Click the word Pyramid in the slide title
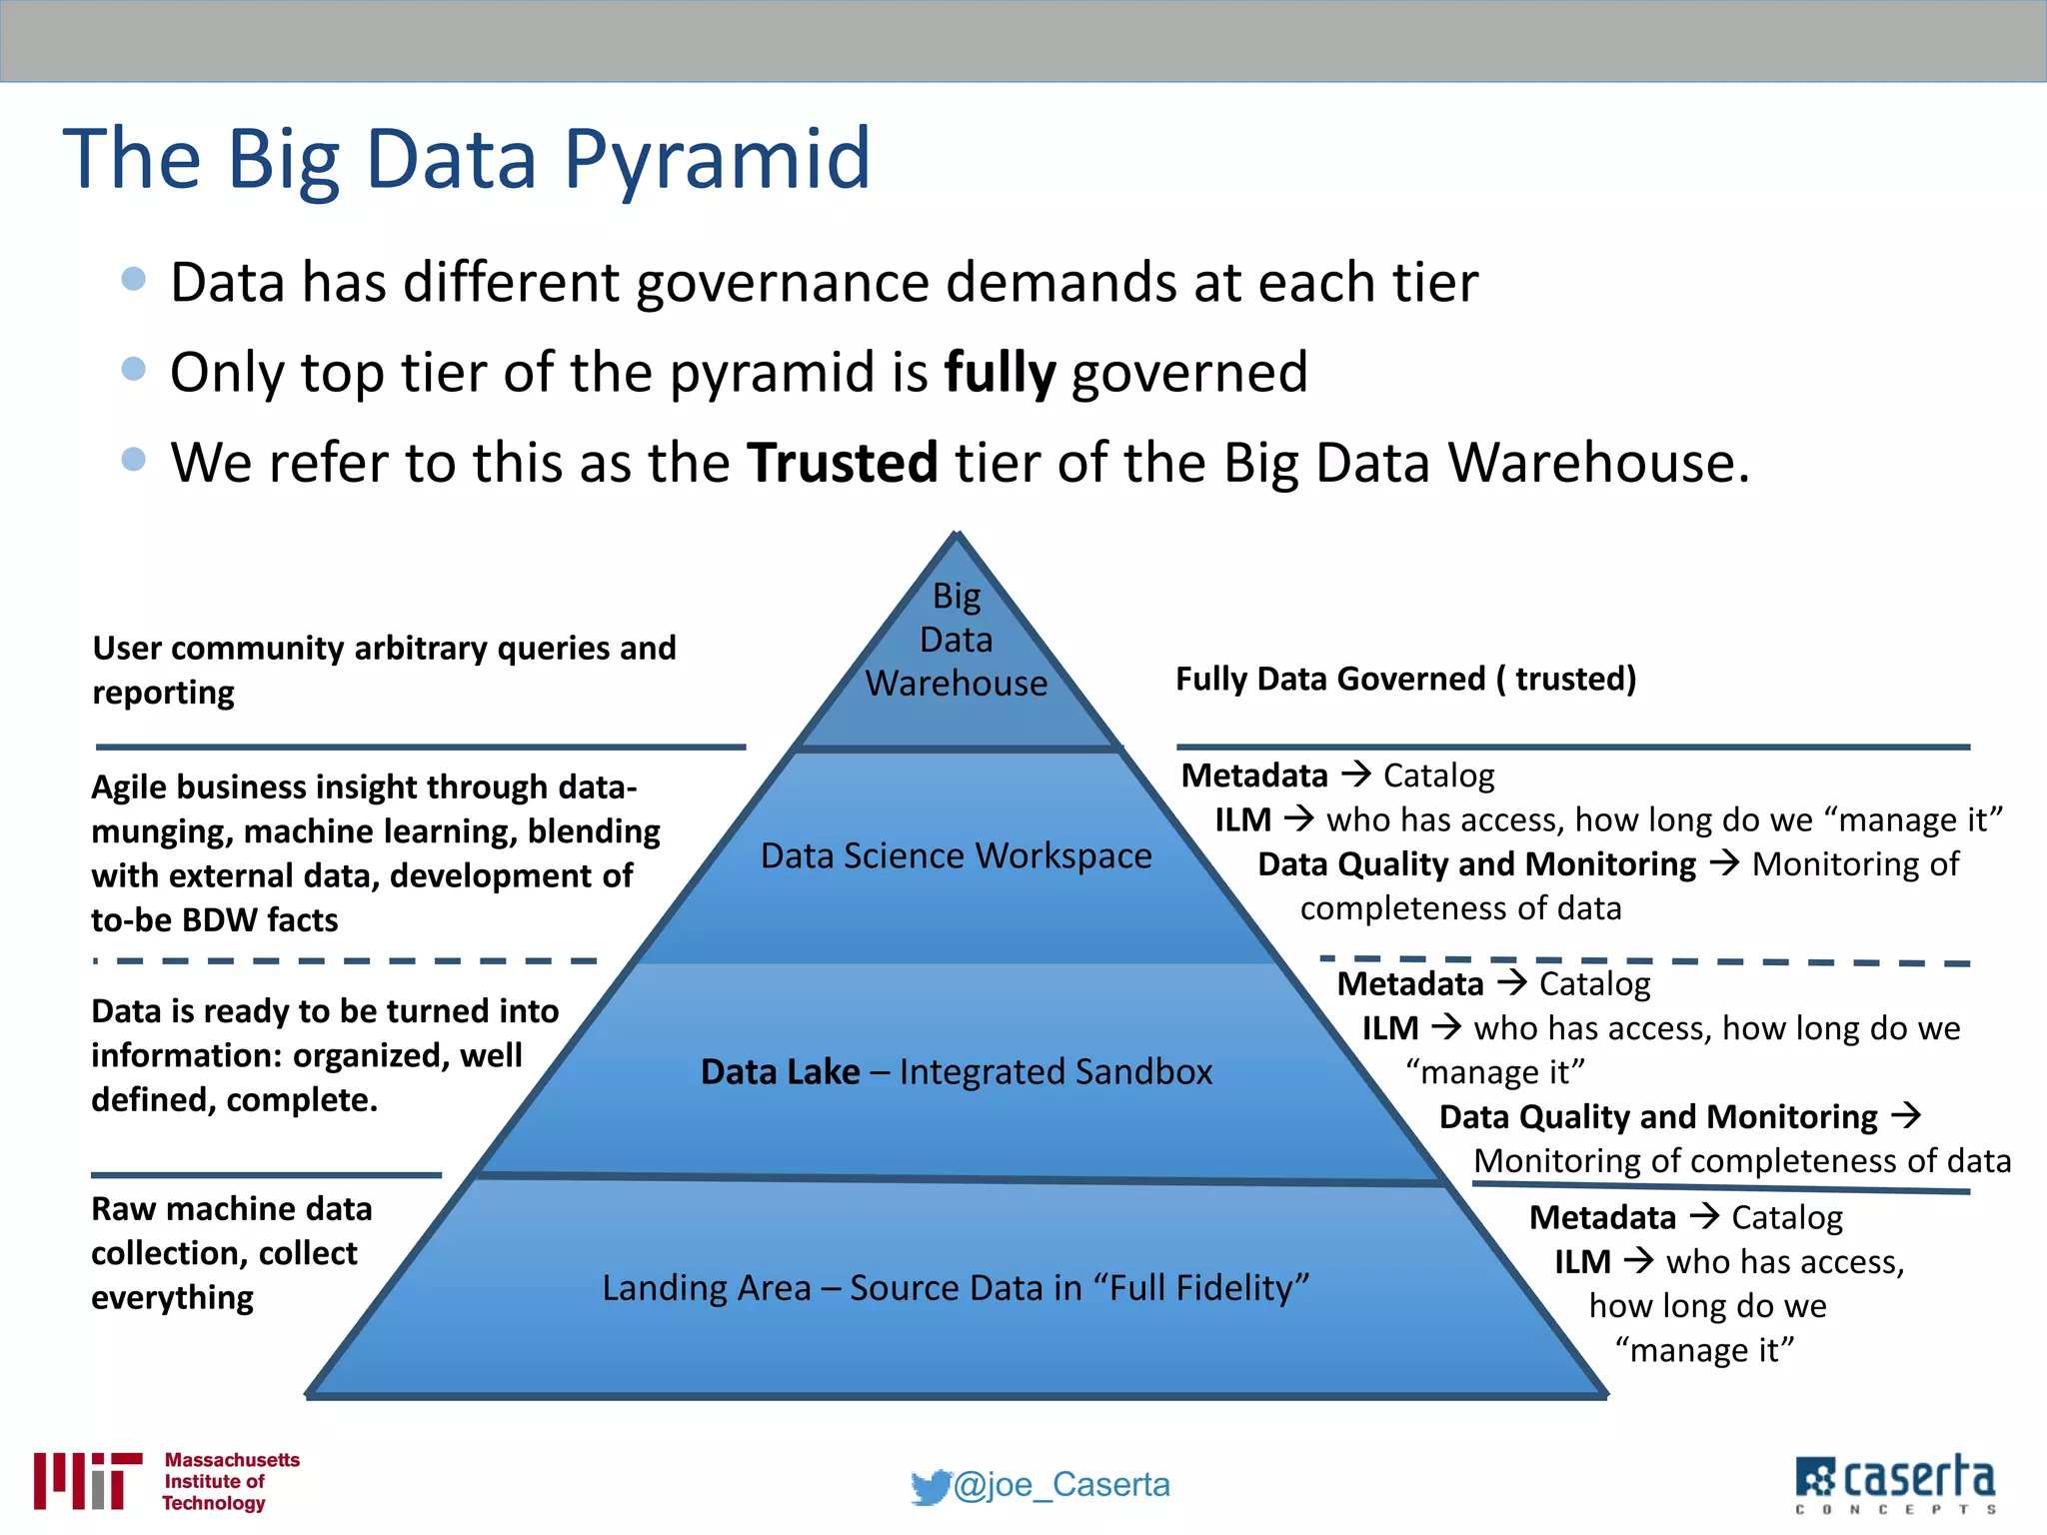717,160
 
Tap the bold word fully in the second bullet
1000,373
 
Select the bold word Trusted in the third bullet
843,463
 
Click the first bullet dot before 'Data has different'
133,279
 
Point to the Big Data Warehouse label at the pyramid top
957,640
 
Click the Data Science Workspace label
956,855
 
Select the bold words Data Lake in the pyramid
780,1071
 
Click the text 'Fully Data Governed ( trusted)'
1405,679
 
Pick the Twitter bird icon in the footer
930,1487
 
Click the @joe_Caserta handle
1061,1485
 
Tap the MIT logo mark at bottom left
86,1480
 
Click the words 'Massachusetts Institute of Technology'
230,1481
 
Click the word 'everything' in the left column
172,1298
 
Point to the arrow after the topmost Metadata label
1355,774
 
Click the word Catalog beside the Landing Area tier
1787,1217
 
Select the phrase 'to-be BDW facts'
214,919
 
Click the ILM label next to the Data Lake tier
1390,1028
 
